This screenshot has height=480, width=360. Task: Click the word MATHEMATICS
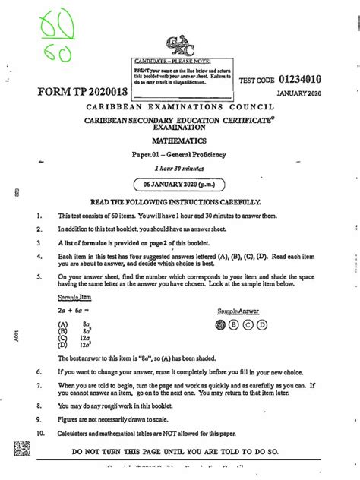[180, 141]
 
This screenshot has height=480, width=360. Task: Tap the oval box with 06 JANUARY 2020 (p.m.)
[180, 185]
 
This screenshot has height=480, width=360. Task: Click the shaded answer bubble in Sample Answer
[221, 324]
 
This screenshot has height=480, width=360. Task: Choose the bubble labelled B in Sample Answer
[235, 324]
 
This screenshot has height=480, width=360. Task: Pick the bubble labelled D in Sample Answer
[262, 324]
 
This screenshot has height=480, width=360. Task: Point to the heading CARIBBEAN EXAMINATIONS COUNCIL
[180, 109]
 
